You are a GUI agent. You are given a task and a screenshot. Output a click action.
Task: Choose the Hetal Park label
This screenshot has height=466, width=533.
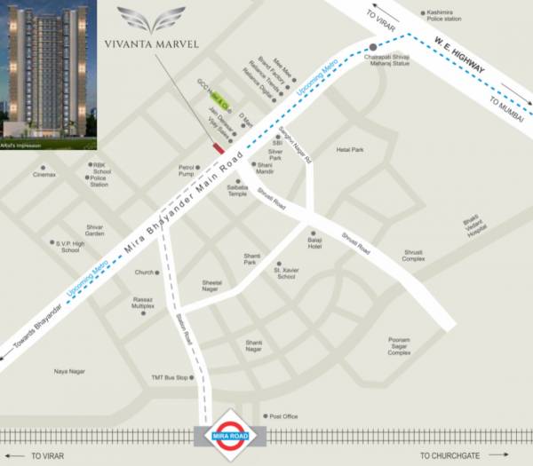click(350, 150)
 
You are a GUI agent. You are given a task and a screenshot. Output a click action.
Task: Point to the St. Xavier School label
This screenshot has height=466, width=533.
click(286, 272)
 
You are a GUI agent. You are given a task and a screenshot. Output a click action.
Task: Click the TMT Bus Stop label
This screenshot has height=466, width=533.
click(170, 377)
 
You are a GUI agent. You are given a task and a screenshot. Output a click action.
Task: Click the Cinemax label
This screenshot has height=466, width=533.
click(44, 175)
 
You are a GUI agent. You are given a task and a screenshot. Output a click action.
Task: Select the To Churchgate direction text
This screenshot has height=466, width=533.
click(454, 455)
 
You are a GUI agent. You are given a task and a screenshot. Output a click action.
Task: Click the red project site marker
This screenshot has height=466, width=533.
click(219, 148)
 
